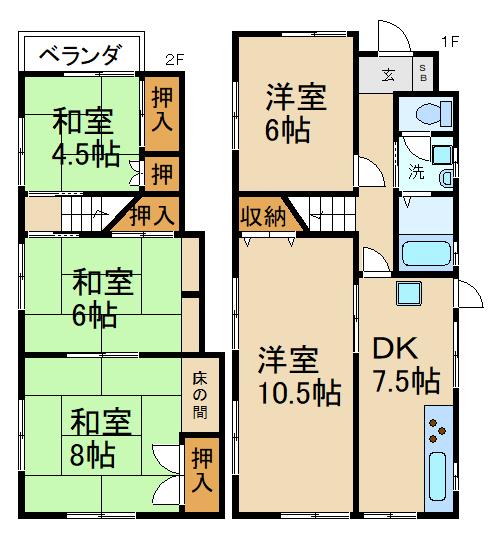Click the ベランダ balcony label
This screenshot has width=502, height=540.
pos(80,55)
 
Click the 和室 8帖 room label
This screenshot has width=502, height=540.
pos(92,437)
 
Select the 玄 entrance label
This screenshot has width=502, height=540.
pos(388,74)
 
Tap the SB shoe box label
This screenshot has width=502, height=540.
pos(422,74)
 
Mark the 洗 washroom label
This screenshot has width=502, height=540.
pos(414,170)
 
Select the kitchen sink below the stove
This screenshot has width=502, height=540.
pos(438,478)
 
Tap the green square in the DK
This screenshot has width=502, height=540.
pos(408,293)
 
